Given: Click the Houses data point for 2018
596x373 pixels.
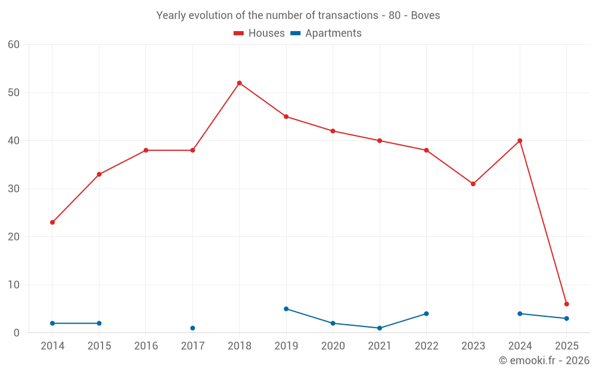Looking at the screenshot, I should [x=240, y=83].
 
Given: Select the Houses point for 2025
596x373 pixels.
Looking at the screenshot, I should [x=566, y=304].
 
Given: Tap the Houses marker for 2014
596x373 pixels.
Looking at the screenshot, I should [x=52, y=222].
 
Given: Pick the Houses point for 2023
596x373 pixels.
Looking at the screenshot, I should [x=473, y=184].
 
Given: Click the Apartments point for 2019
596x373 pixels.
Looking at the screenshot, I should [x=286, y=309].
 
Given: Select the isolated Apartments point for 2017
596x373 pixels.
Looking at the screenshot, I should [x=193, y=328].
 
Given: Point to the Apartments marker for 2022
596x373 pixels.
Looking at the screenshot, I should [x=426, y=313].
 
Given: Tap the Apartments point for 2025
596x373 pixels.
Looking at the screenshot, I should [x=566, y=318].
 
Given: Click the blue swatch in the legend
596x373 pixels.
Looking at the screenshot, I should [x=296, y=33].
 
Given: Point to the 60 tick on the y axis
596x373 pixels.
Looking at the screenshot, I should [x=14, y=45].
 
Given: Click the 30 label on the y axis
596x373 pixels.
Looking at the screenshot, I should [x=14, y=189].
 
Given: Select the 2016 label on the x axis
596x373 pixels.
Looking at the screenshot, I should [x=146, y=346].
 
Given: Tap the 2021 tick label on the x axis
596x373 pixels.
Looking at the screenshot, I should [x=380, y=346].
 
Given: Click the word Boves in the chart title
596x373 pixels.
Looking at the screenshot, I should [x=426, y=16].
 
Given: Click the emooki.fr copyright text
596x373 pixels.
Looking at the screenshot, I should [x=544, y=360].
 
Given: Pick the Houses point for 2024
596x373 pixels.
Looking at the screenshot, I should [x=520, y=141].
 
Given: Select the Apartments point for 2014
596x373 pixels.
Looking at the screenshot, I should [x=52, y=323].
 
